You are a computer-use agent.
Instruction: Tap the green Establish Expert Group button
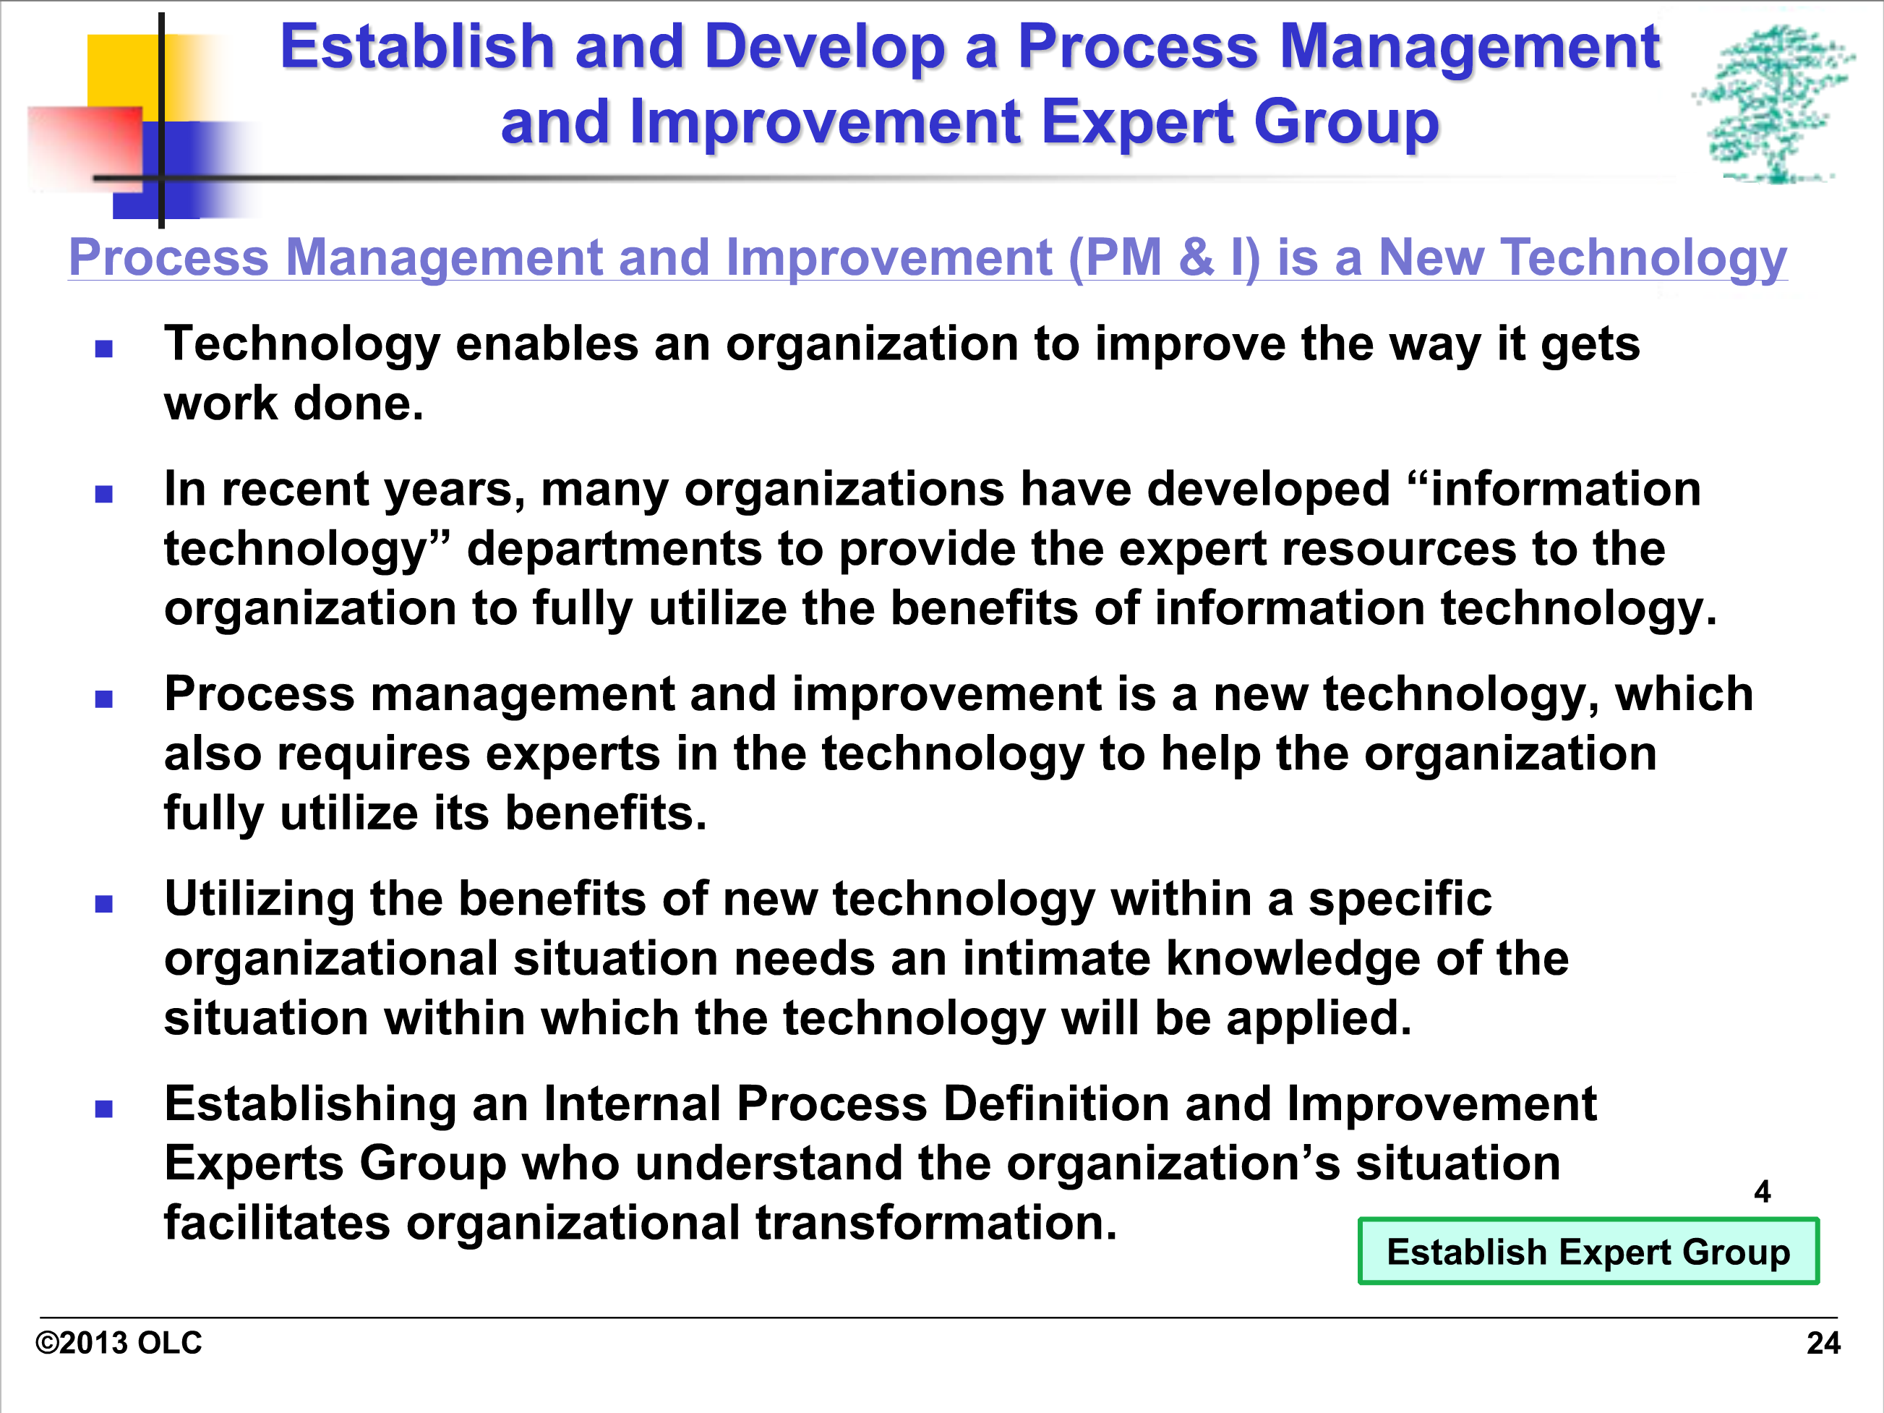(1588, 1251)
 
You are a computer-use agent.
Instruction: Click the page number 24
(1823, 1343)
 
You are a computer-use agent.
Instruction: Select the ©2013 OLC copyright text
(119, 1343)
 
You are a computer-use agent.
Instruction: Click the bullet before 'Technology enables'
(104, 349)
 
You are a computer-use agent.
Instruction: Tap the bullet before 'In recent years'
(104, 494)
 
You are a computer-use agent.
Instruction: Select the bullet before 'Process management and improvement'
(104, 699)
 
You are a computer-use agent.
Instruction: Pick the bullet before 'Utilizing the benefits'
(104, 904)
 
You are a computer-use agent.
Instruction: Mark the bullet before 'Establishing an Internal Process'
(104, 1109)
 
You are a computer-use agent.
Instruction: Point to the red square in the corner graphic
(85, 145)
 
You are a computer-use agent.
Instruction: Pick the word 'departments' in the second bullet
(614, 550)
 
